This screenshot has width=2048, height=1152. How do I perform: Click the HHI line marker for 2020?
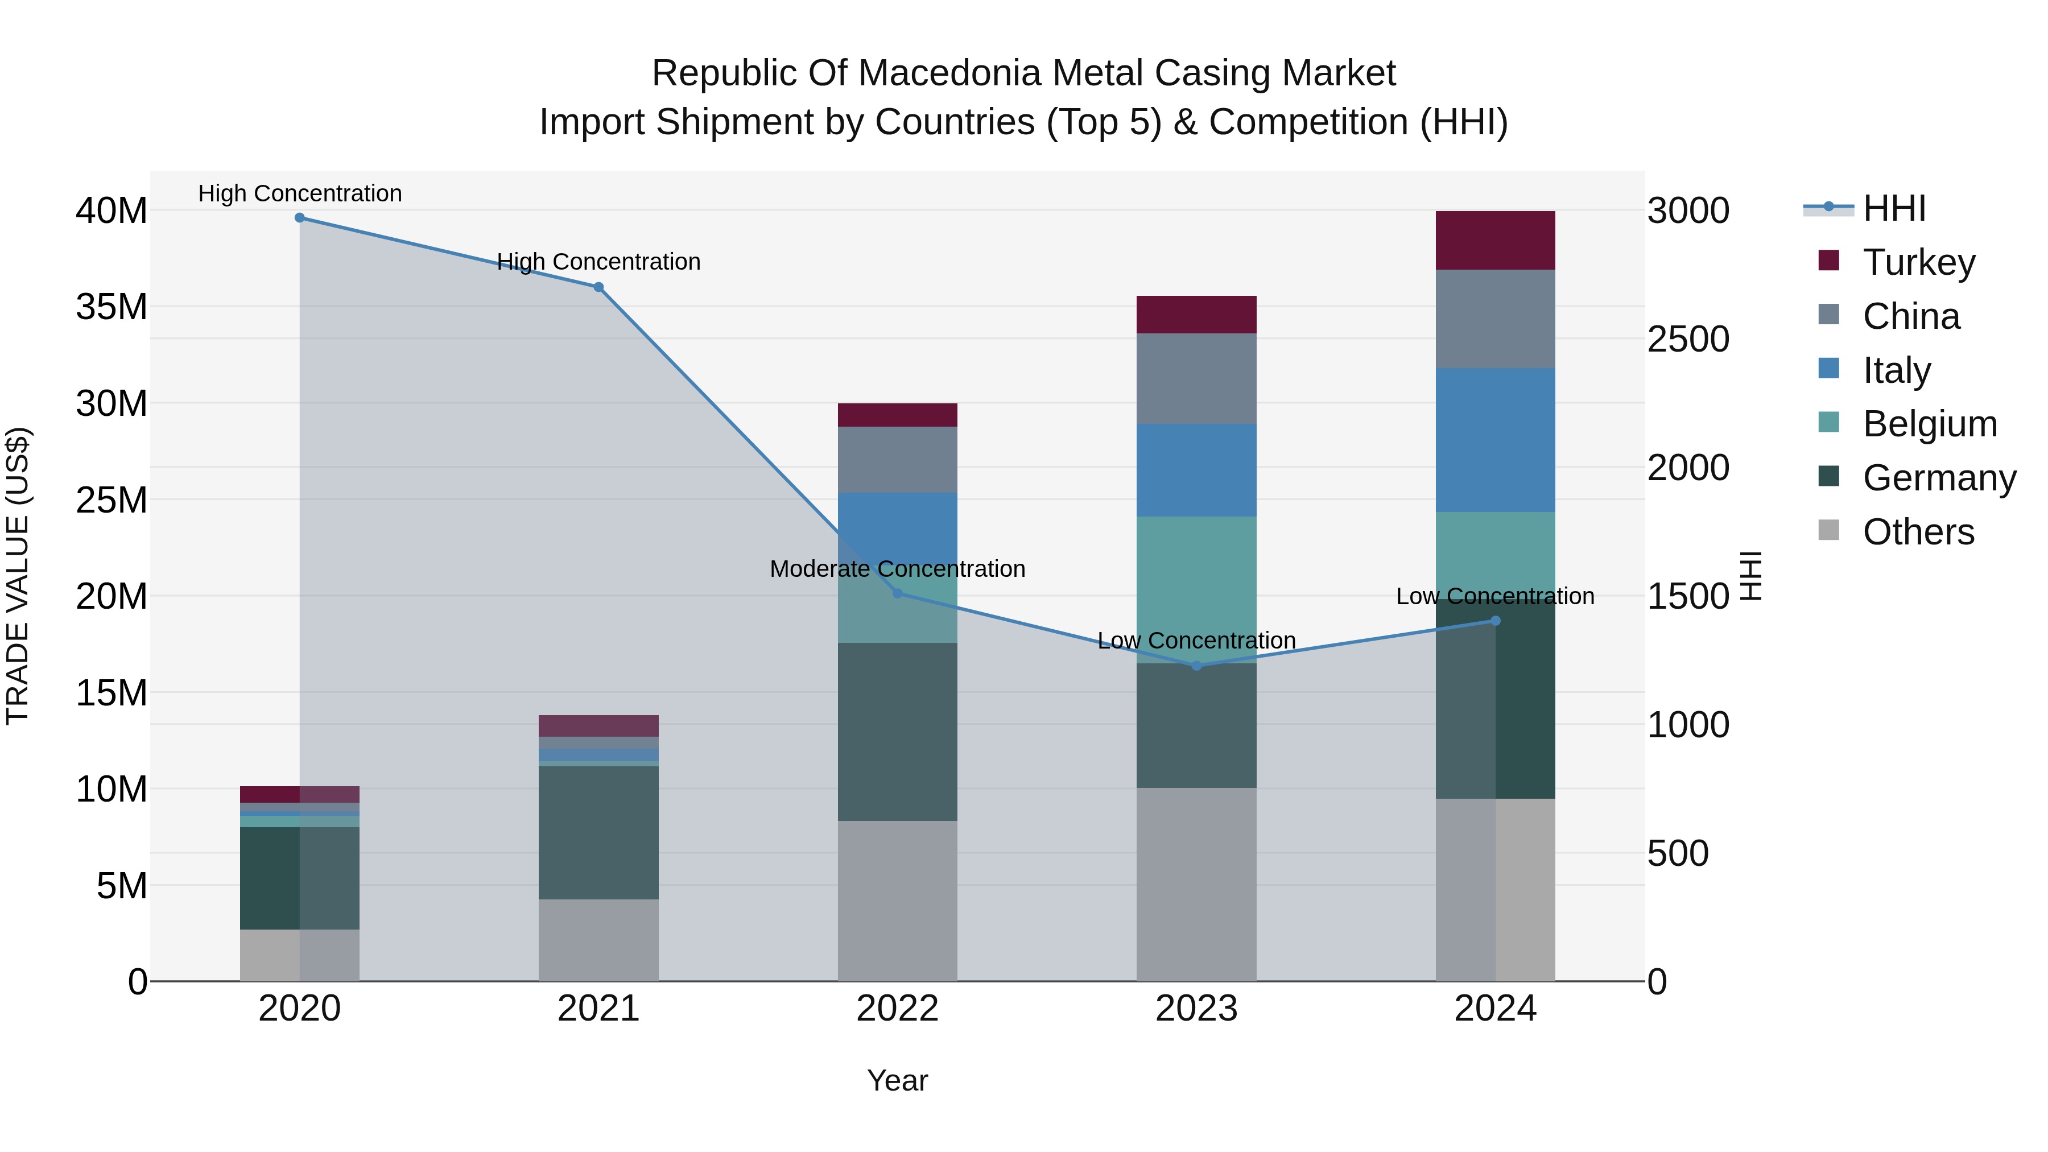pos(300,218)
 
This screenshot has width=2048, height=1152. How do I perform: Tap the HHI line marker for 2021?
pos(598,287)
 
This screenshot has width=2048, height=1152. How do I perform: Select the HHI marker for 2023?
pos(1196,666)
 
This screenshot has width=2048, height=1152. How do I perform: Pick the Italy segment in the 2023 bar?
pos(1196,470)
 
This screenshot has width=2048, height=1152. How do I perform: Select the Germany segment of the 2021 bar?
pos(598,832)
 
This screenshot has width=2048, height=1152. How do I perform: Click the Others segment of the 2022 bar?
pos(898,900)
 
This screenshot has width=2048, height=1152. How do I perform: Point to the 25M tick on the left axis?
pos(112,500)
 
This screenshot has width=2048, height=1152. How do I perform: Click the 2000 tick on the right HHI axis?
pos(1687,468)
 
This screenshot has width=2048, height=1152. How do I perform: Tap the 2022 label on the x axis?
pos(898,1009)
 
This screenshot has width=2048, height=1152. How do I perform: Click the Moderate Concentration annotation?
pos(898,569)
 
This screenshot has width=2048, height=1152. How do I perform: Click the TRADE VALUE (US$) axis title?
pos(18,576)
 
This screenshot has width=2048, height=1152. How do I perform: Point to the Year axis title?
pos(898,1080)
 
